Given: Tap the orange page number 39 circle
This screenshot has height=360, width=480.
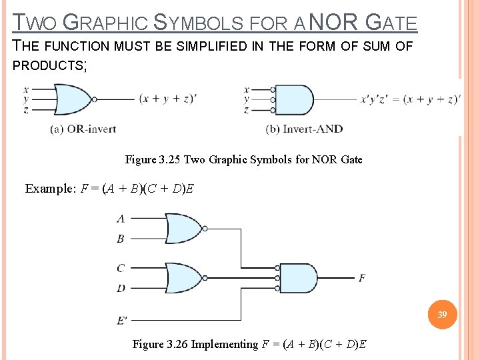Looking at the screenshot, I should point(442,315).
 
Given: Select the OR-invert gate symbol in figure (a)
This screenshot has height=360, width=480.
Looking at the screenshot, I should point(72,99).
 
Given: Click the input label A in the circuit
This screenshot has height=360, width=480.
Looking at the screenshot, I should point(121,218).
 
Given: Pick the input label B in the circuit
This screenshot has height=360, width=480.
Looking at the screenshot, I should point(121,238).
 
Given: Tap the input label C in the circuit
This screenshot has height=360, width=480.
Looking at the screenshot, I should point(121,268).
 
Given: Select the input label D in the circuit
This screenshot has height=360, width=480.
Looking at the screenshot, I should point(121,288).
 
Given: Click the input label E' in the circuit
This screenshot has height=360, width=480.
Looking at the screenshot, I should point(122,321).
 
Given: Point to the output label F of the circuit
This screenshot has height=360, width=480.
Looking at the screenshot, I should point(362,278).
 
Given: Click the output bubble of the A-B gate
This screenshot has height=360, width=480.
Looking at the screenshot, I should point(205,229).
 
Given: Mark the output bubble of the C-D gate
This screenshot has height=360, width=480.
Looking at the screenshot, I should point(205,278).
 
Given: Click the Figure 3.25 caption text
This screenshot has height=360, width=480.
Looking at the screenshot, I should point(243,159).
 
